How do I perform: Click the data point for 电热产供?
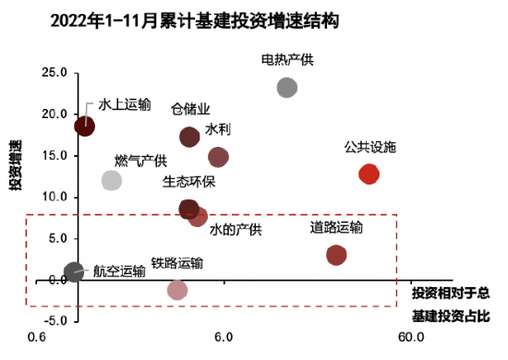[287, 88]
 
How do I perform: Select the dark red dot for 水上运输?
[84, 126]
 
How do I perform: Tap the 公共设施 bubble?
[369, 174]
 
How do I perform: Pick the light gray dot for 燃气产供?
[112, 180]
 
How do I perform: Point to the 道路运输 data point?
[336, 255]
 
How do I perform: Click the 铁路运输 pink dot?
[177, 290]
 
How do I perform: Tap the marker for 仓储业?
[189, 137]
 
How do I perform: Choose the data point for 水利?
[218, 157]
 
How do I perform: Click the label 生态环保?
[188, 181]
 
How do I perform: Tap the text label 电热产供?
[287, 61]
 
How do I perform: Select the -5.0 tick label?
[54, 320]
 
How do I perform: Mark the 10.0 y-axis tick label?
[54, 197]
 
